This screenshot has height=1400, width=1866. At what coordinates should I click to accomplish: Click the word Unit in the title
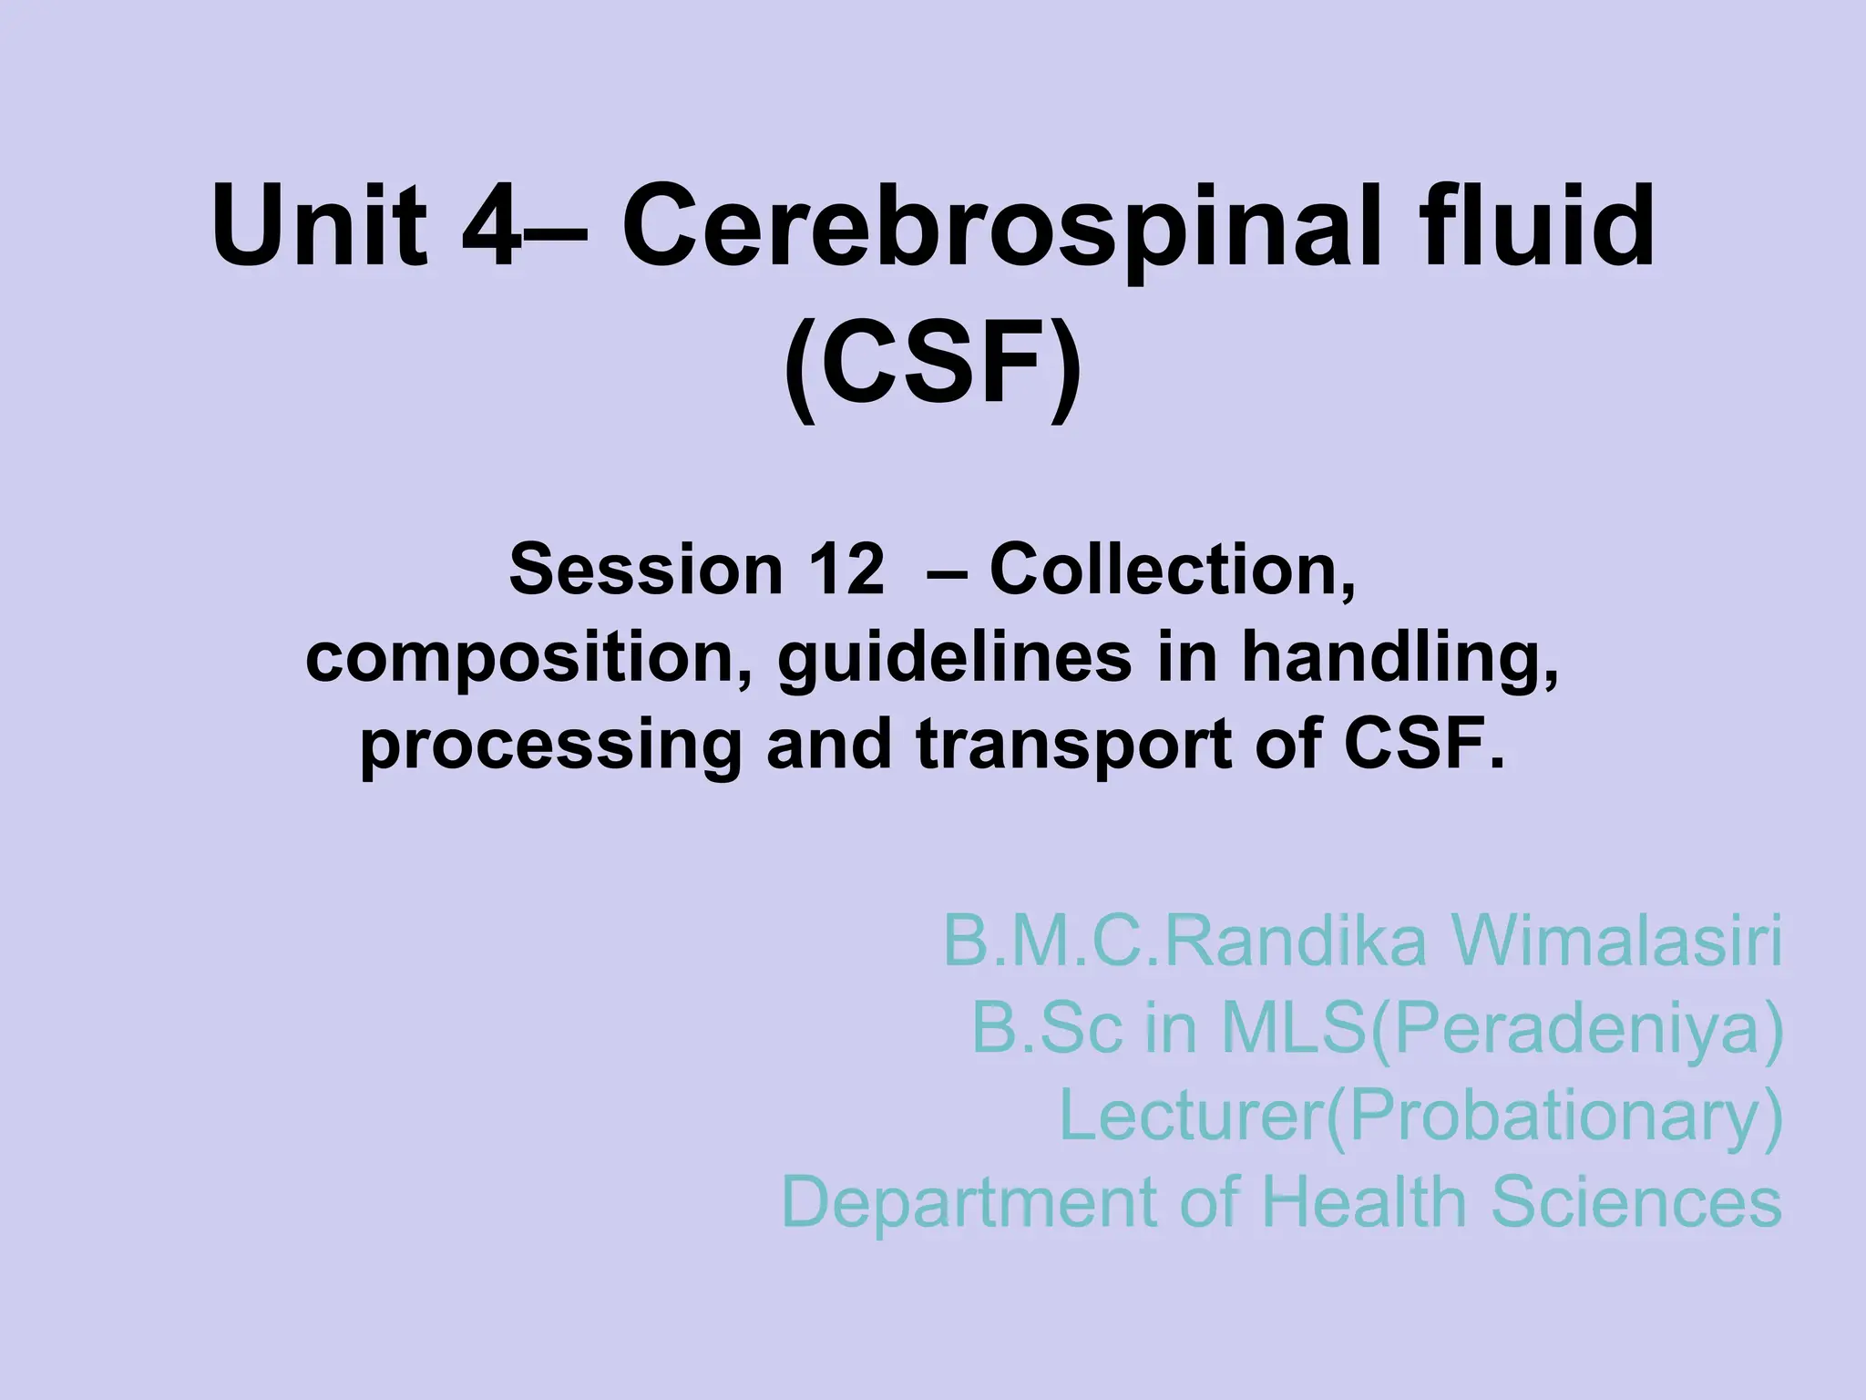tap(320, 226)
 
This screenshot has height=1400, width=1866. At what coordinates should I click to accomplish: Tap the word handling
tap(1399, 658)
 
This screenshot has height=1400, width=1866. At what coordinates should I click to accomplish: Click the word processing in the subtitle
tap(549, 745)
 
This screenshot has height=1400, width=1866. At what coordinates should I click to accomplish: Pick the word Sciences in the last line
tap(1635, 1201)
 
